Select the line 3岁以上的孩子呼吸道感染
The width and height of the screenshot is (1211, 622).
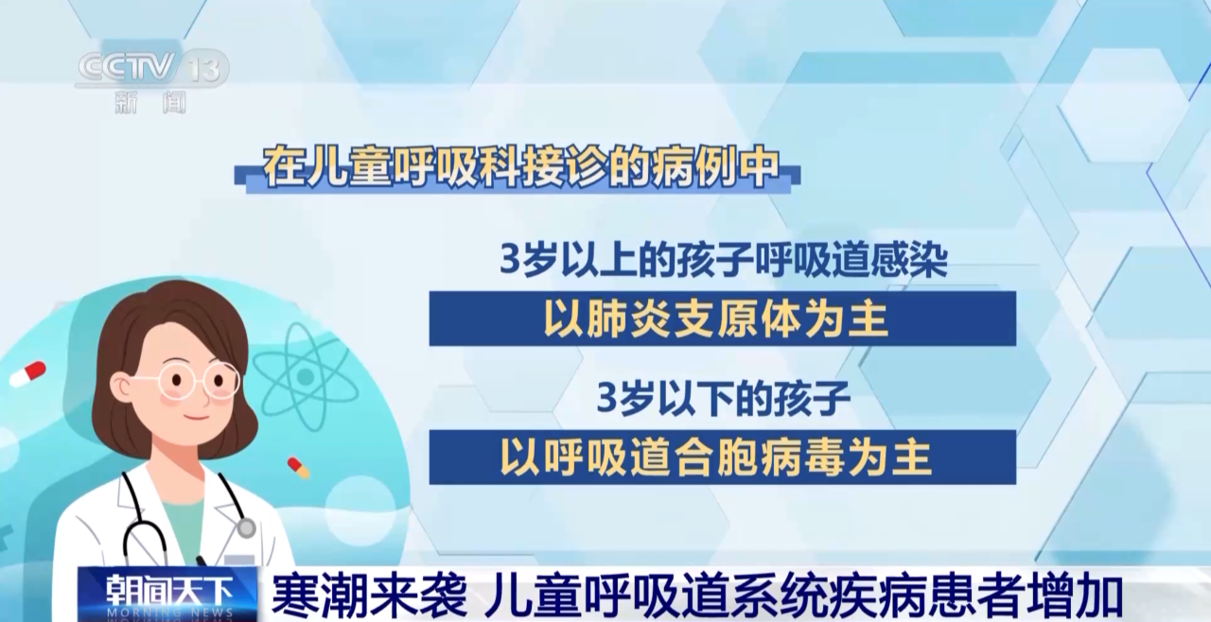pos(723,261)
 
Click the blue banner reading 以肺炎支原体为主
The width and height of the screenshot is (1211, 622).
pos(722,319)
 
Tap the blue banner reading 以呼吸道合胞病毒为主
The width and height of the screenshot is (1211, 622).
pos(722,457)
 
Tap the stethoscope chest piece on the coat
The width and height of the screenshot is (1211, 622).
pos(246,527)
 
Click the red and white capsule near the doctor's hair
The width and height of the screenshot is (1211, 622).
pos(28,373)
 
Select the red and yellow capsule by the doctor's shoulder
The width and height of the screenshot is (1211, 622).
pos(299,468)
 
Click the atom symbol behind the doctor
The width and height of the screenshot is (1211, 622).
pos(306,376)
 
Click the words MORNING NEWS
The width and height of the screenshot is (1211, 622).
pos(169,613)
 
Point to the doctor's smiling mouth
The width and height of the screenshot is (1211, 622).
pos(198,418)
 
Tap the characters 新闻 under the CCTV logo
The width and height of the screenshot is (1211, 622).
pos(150,102)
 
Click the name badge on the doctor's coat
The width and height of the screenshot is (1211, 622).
pos(238,561)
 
